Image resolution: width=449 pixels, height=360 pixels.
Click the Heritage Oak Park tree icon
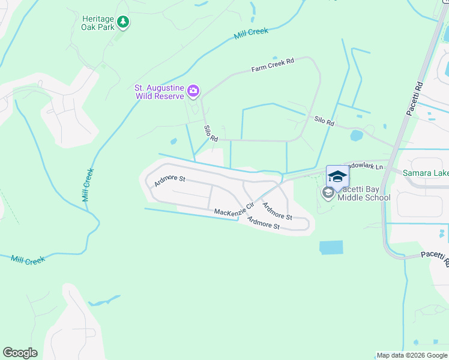tap(123, 22)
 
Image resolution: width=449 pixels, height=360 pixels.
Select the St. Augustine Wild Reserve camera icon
tap(193, 91)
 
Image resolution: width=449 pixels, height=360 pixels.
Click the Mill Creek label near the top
tap(252, 32)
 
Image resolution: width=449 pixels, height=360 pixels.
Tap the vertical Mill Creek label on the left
tap(88, 184)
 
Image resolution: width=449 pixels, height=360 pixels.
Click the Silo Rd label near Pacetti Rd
tap(324, 121)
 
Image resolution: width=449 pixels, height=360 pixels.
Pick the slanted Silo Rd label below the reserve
tap(210, 133)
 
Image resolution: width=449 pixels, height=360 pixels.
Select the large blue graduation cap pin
tap(337, 176)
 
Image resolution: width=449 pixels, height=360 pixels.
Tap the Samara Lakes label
tap(425, 173)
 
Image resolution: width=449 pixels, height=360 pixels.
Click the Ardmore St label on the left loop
tap(170, 179)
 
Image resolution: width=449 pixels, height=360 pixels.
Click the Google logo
tap(20, 353)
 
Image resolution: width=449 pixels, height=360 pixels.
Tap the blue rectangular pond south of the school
tap(331, 247)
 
